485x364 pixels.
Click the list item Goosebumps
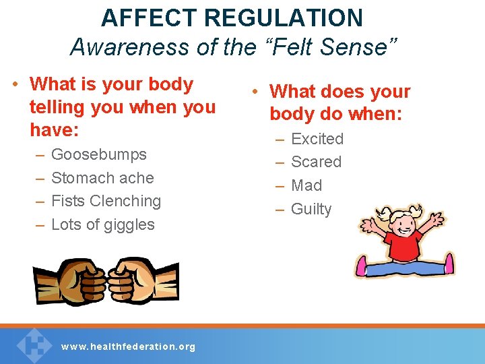click(x=98, y=154)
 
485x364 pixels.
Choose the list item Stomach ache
click(x=102, y=178)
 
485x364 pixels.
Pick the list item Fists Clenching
click(x=106, y=201)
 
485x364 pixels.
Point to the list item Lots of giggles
click(x=102, y=224)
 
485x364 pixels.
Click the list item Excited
click(x=317, y=139)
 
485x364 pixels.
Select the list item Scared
click(x=316, y=162)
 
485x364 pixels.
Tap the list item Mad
click(x=306, y=185)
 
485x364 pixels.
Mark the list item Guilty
click(x=311, y=209)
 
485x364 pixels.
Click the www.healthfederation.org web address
click(x=128, y=346)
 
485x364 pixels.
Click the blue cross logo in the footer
click(x=34, y=344)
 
